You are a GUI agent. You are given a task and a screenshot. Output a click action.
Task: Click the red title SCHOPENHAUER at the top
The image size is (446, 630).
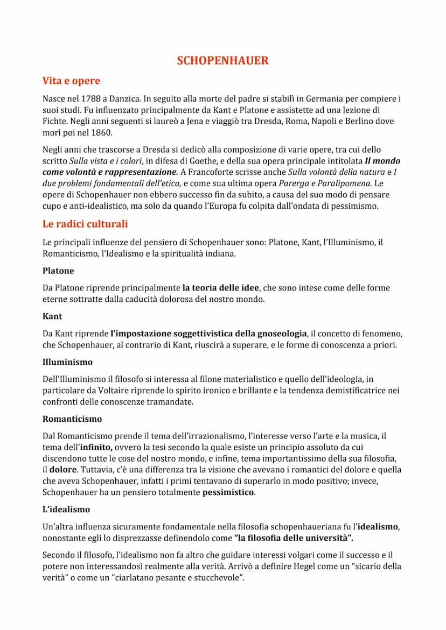point(222,61)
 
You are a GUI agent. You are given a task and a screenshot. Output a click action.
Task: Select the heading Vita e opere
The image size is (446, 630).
point(71,81)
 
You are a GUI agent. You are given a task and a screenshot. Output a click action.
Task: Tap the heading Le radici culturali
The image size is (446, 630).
point(85,224)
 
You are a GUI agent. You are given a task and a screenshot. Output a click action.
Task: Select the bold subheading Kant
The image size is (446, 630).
point(52,317)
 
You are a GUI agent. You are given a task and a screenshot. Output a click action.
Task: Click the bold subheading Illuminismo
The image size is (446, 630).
point(67,362)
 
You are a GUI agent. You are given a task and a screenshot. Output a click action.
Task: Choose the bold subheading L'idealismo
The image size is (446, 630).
point(66,508)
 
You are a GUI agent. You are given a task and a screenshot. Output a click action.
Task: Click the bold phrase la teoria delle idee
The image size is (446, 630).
point(220,288)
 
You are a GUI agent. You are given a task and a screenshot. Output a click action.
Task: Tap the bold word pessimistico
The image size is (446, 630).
point(228,492)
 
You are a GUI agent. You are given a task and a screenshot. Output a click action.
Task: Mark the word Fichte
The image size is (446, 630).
point(54,122)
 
